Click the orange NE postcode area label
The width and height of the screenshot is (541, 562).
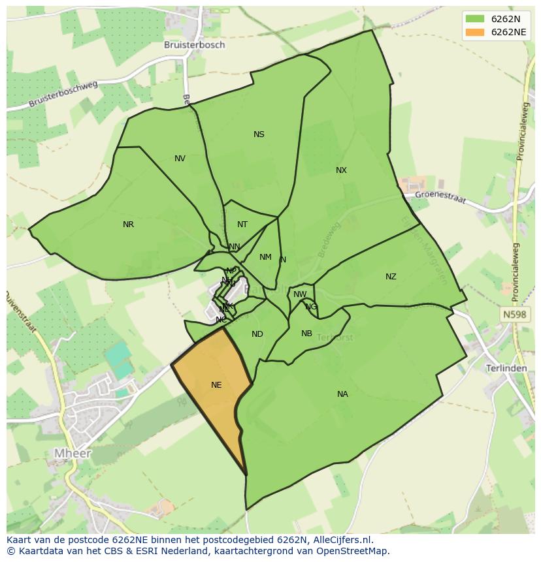point(216,385)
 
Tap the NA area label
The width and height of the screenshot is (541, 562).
point(342,394)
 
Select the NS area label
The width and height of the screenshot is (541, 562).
point(259,134)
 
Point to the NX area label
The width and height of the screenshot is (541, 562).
point(341,170)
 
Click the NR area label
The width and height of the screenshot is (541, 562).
point(128,225)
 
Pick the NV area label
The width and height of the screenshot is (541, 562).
point(180,159)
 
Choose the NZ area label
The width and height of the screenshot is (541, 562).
point(391,277)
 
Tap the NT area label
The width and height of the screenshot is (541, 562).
point(242,225)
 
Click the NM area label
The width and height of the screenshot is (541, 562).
point(265,257)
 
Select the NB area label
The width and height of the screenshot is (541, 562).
point(306,334)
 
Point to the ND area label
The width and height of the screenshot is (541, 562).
point(257,334)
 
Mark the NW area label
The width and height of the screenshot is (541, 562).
point(300,294)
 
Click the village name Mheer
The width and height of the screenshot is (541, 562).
point(73,453)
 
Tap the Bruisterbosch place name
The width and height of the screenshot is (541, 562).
point(194,45)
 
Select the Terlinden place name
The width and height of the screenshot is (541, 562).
point(506,368)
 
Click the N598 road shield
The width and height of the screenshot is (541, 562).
point(514,315)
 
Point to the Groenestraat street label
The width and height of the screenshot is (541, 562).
point(440,196)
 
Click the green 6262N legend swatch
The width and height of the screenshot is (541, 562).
point(475,19)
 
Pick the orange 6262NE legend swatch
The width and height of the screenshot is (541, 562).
point(475,32)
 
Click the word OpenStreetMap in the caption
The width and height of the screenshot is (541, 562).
point(353,550)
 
